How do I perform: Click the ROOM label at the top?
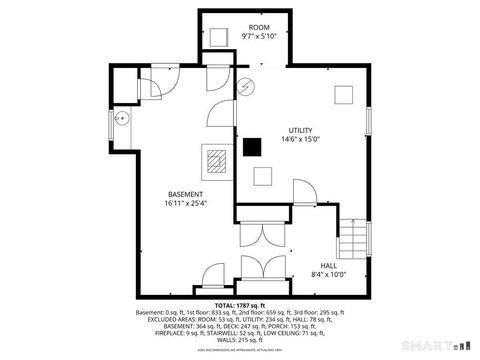(259, 27)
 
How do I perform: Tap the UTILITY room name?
(300, 130)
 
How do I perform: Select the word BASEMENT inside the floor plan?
(185, 194)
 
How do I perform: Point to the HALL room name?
(329, 265)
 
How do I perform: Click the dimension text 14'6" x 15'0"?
(300, 139)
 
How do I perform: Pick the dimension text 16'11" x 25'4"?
(185, 203)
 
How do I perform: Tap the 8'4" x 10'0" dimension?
(329, 274)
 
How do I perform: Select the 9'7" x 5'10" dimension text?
(259, 36)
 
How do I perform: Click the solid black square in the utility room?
(252, 147)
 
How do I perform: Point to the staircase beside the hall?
(353, 237)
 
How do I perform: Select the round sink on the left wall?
(120, 118)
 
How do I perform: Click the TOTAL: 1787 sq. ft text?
(240, 304)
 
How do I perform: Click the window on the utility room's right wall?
(368, 117)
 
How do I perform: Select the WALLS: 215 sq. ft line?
(240, 341)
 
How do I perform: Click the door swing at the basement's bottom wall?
(212, 272)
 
